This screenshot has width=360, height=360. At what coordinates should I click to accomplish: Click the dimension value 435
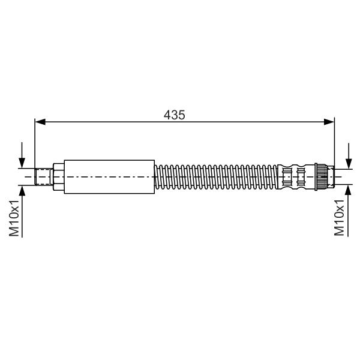pos(174,115)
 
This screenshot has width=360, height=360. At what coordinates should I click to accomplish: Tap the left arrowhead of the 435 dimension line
pos(40,122)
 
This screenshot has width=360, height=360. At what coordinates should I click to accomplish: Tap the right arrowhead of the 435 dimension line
pos(329,122)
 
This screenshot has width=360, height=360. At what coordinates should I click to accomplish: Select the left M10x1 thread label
pos(14,218)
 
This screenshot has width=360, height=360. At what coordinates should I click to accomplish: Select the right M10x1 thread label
pos(339,218)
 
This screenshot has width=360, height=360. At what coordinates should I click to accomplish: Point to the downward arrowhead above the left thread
pos(22,163)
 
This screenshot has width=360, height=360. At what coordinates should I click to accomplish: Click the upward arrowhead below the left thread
pos(22,190)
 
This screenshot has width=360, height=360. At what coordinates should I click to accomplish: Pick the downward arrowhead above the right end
pos(349,164)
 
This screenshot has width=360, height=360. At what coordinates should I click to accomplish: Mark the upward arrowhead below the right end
pos(349,190)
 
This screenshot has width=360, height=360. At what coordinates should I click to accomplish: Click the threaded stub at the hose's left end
pos(44,177)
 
